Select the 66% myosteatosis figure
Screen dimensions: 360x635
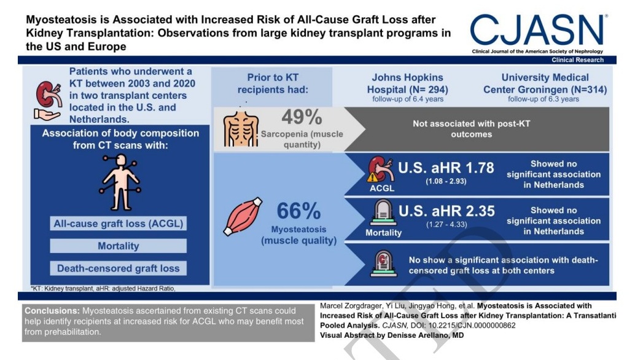tap(298, 211)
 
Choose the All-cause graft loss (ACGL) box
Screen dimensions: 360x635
tap(118, 225)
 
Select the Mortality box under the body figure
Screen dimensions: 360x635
tap(118, 246)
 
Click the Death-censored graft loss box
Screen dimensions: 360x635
tap(118, 268)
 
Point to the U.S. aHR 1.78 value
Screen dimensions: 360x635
tap(446, 168)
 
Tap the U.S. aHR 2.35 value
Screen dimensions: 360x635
tap(446, 211)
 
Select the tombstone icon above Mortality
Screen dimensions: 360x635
tap(382, 214)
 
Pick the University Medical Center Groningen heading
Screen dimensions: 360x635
tap(544, 84)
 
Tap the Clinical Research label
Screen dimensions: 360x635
tap(577, 60)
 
